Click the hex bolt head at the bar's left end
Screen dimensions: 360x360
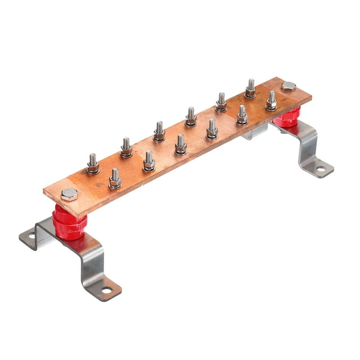pyautogui.click(x=69, y=195)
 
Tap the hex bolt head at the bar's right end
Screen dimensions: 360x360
pyautogui.click(x=288, y=87)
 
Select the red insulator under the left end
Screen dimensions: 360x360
pyautogui.click(x=69, y=223)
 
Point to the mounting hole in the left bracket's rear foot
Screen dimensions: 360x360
pyautogui.click(x=31, y=236)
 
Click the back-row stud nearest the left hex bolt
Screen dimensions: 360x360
pyautogui.click(x=93, y=164)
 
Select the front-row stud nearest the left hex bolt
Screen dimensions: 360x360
pyautogui.click(x=115, y=179)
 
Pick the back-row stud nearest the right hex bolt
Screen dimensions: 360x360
pyautogui.click(x=250, y=88)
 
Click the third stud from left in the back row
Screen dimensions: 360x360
pyautogui.click(x=159, y=132)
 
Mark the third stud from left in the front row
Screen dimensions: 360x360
pyautogui.click(x=181, y=145)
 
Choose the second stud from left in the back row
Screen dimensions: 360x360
pyautogui.click(x=126, y=148)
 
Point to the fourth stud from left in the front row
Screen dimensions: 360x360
pyautogui.click(x=212, y=129)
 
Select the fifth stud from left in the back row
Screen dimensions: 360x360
pyautogui.click(x=221, y=102)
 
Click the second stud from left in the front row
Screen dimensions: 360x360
pyautogui.click(x=148, y=161)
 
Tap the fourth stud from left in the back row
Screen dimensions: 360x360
pyautogui.click(x=191, y=117)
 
